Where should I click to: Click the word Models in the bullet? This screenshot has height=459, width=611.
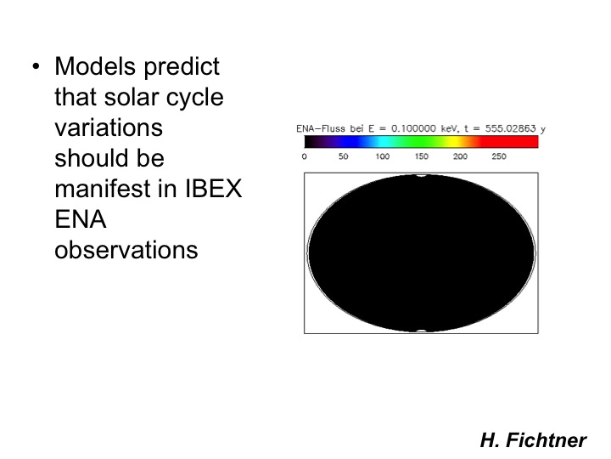95,66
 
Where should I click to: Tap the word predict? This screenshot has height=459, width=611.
182,67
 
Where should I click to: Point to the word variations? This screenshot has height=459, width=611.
109,127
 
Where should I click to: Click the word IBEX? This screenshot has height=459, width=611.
213,189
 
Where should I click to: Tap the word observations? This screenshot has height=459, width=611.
126,250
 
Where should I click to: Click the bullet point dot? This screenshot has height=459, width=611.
36,67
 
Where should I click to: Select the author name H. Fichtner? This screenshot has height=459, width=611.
533,440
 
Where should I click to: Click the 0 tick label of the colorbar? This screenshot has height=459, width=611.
305,156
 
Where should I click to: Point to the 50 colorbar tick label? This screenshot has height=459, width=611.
344,156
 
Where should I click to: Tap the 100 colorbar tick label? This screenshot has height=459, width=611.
382,156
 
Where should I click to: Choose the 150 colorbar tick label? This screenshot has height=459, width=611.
421,156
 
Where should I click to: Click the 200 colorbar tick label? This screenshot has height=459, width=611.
460,156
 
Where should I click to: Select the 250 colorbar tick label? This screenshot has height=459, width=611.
499,156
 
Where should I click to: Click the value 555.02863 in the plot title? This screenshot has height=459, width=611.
510,128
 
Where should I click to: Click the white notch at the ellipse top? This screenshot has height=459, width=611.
421,176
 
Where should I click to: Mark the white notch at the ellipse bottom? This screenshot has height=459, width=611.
421,331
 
